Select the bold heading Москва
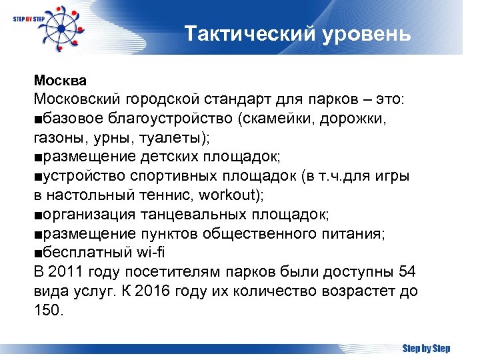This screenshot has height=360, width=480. point(61,81)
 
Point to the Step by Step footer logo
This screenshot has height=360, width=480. point(426,348)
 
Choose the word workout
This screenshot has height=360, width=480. point(227,196)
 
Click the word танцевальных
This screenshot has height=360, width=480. point(193,215)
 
